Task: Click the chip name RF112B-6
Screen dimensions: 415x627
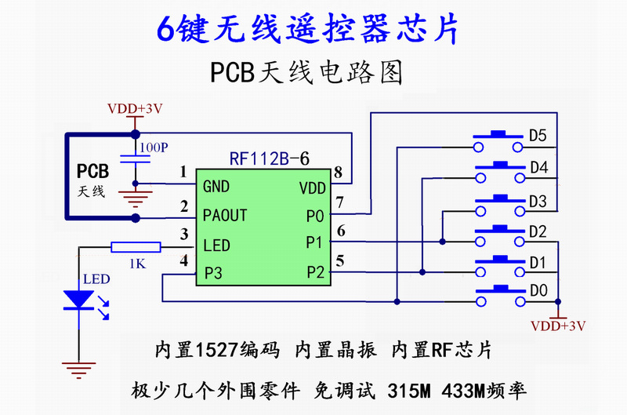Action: tap(269, 158)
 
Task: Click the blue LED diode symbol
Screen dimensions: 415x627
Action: tap(78, 300)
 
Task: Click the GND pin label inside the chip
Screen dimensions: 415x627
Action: tap(216, 187)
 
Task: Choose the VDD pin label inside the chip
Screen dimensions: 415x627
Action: tap(313, 188)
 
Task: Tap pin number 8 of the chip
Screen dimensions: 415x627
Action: tap(338, 172)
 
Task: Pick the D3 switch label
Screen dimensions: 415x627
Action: tap(538, 202)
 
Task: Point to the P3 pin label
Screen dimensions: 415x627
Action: tap(213, 273)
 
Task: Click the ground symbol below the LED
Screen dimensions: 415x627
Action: tap(77, 365)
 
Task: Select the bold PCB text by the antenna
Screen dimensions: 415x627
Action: tap(92, 171)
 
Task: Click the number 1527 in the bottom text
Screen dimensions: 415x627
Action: tap(213, 350)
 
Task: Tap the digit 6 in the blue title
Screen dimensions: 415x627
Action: tap(165, 29)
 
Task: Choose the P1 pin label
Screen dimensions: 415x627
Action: tap(314, 242)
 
